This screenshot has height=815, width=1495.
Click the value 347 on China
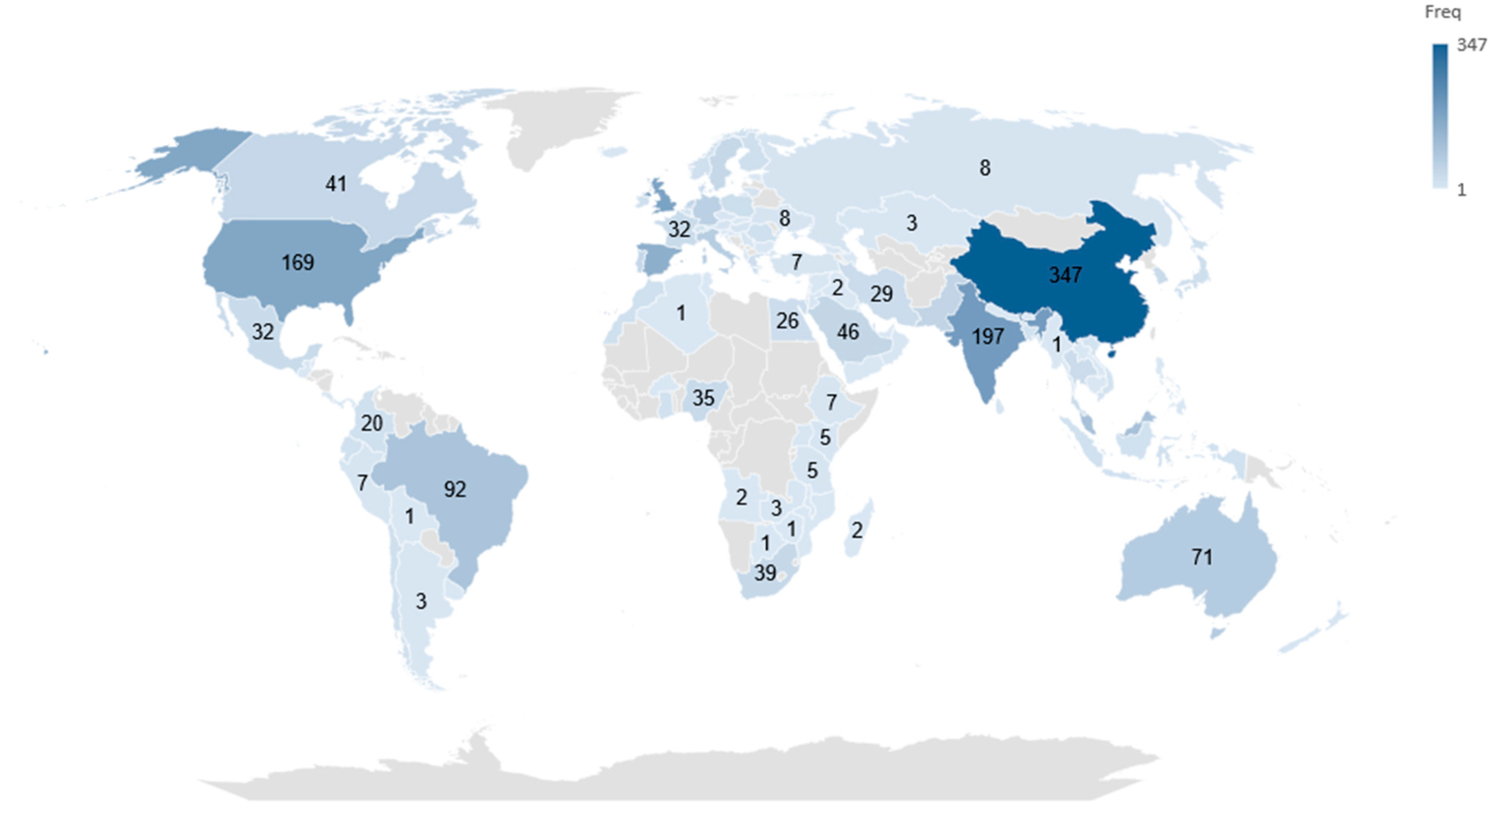coord(1065,274)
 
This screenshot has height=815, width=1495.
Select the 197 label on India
coord(988,336)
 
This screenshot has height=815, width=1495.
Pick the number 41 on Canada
coord(336,184)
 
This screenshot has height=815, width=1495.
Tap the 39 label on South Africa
coord(765,573)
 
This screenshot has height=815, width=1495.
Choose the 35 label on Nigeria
coord(703,398)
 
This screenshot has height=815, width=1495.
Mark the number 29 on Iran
coord(881,294)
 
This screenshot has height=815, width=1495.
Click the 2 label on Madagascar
coord(856,530)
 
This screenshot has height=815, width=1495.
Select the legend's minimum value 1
coord(1461,190)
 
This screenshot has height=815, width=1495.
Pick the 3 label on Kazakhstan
coord(912,223)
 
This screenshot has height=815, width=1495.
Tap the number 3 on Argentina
coord(421,601)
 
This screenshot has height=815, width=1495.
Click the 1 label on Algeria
coord(681,313)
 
